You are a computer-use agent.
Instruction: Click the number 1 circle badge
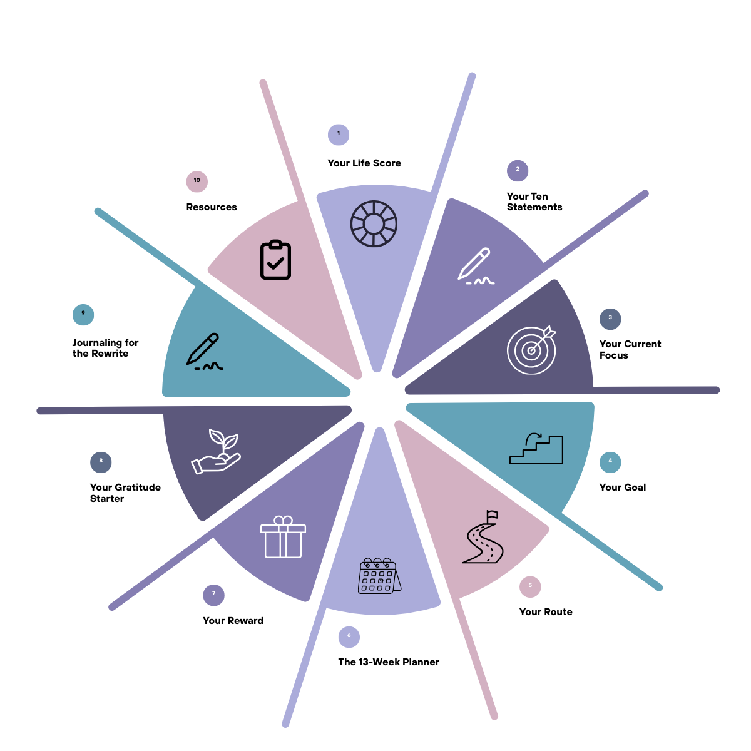pyautogui.click(x=339, y=134)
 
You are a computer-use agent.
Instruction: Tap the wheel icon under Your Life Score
pyautogui.click(x=374, y=223)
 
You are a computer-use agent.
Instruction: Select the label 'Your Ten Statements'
pyautogui.click(x=534, y=202)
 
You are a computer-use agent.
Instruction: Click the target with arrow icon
pyautogui.click(x=532, y=349)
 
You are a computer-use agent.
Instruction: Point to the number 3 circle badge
pyautogui.click(x=610, y=319)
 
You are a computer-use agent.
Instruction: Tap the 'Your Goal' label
pyautogui.click(x=622, y=488)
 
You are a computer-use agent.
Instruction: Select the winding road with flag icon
pyautogui.click(x=483, y=538)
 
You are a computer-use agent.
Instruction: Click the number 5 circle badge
pyautogui.click(x=530, y=586)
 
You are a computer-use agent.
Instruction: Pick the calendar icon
pyautogui.click(x=379, y=575)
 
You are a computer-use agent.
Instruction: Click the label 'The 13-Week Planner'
pyautogui.click(x=389, y=662)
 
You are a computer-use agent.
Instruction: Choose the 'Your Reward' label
pyautogui.click(x=233, y=621)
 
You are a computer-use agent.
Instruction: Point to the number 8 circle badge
pyautogui.click(x=101, y=462)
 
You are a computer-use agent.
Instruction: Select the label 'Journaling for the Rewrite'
pyautogui.click(x=105, y=348)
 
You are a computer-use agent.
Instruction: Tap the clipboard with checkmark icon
pyautogui.click(x=275, y=260)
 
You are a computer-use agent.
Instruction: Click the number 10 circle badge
pyautogui.click(x=197, y=181)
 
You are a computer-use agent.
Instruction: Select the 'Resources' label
pyautogui.click(x=212, y=207)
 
